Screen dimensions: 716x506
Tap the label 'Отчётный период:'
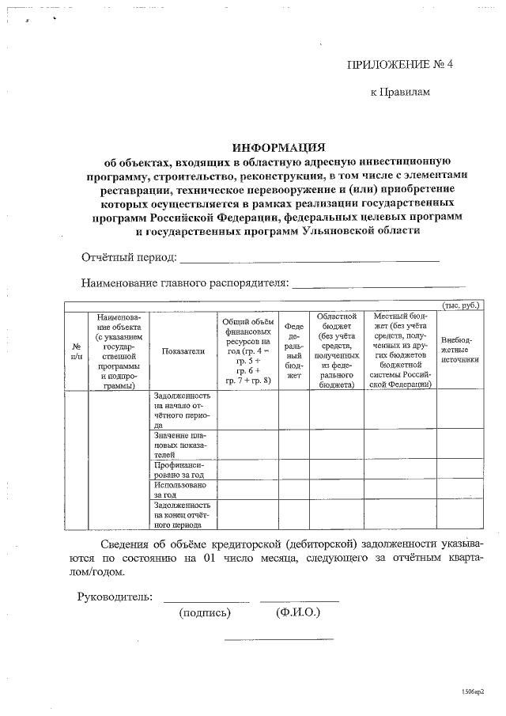pyautogui.click(x=129, y=258)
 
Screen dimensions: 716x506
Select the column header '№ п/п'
pyautogui.click(x=77, y=351)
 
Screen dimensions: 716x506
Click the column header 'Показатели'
pyautogui.click(x=183, y=351)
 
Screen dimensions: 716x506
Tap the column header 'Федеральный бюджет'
pyautogui.click(x=293, y=350)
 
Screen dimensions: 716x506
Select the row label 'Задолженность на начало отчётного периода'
pyautogui.click(x=182, y=410)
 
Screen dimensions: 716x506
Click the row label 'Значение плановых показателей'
pyautogui.click(x=182, y=444)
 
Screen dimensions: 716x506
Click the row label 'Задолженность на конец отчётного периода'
pyautogui.click(x=182, y=514)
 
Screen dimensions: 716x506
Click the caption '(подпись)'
pyautogui.click(x=206, y=612)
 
